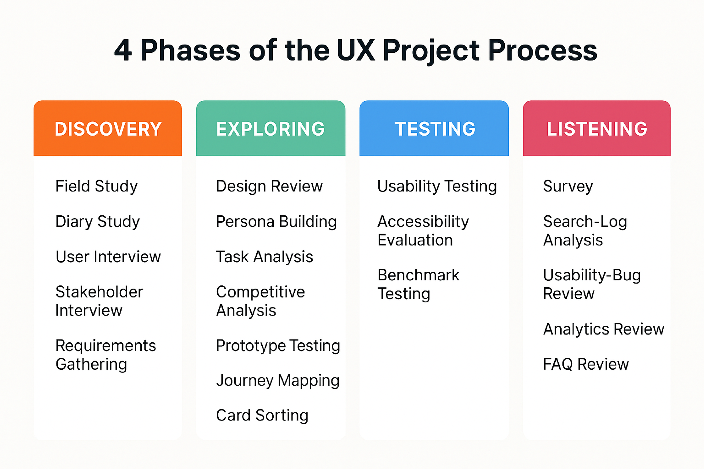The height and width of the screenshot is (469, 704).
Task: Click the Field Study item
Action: [x=96, y=186]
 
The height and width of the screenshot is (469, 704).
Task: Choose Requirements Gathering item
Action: [x=105, y=355]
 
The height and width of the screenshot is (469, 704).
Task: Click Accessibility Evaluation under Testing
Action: [x=423, y=231]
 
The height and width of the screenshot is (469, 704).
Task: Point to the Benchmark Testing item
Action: [x=418, y=284]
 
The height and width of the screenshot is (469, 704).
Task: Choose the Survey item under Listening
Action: [x=568, y=186]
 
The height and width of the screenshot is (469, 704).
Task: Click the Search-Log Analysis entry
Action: [x=585, y=231]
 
